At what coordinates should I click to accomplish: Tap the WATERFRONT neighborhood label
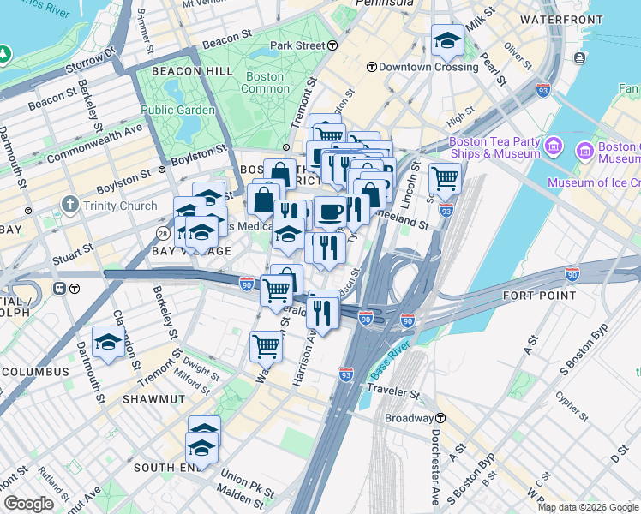[x=561, y=19]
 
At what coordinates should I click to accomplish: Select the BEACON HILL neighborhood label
[x=192, y=71]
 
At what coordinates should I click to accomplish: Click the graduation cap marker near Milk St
[x=446, y=39]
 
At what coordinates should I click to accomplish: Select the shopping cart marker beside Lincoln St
[x=445, y=178]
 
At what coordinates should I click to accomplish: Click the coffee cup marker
[x=330, y=211]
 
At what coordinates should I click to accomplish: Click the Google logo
[x=28, y=504]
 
